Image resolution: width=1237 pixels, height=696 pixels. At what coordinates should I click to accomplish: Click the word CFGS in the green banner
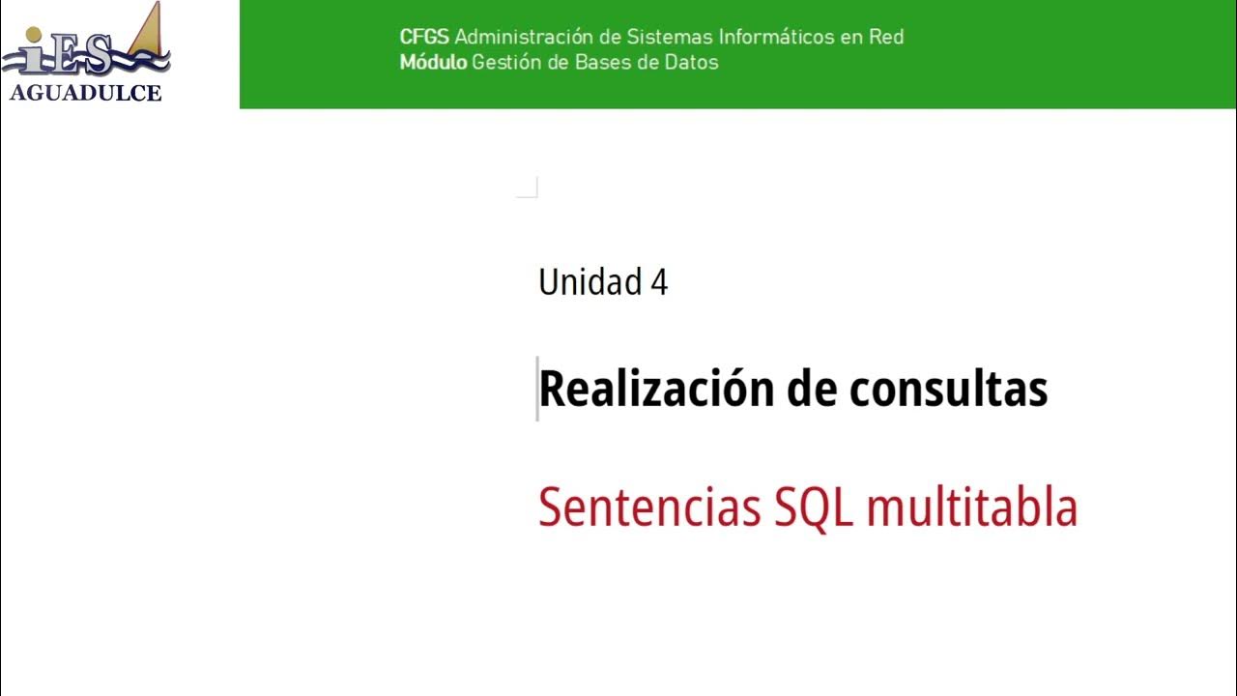pos(424,38)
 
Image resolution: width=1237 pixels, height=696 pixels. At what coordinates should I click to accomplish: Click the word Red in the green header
pos(886,38)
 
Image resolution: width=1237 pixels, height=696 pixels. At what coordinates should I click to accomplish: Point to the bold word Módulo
pos(433,63)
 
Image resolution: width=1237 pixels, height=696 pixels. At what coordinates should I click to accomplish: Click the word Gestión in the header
pos(503,63)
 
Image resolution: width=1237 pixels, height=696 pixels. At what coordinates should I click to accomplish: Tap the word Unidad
pos(590,282)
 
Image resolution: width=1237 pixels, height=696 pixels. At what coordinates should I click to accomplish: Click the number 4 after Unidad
pos(659,282)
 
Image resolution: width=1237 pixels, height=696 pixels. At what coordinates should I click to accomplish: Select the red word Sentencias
pos(649,507)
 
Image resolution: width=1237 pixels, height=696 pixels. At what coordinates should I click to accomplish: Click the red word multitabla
pos(971,507)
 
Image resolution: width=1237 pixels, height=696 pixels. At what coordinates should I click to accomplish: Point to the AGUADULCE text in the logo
pos(85,94)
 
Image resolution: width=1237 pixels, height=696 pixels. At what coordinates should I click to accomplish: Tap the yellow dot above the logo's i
pos(35,36)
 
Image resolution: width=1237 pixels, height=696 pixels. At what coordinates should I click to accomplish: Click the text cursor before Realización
pos(537,389)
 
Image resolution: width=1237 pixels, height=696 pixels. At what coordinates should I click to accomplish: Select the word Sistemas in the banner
pos(668,38)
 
